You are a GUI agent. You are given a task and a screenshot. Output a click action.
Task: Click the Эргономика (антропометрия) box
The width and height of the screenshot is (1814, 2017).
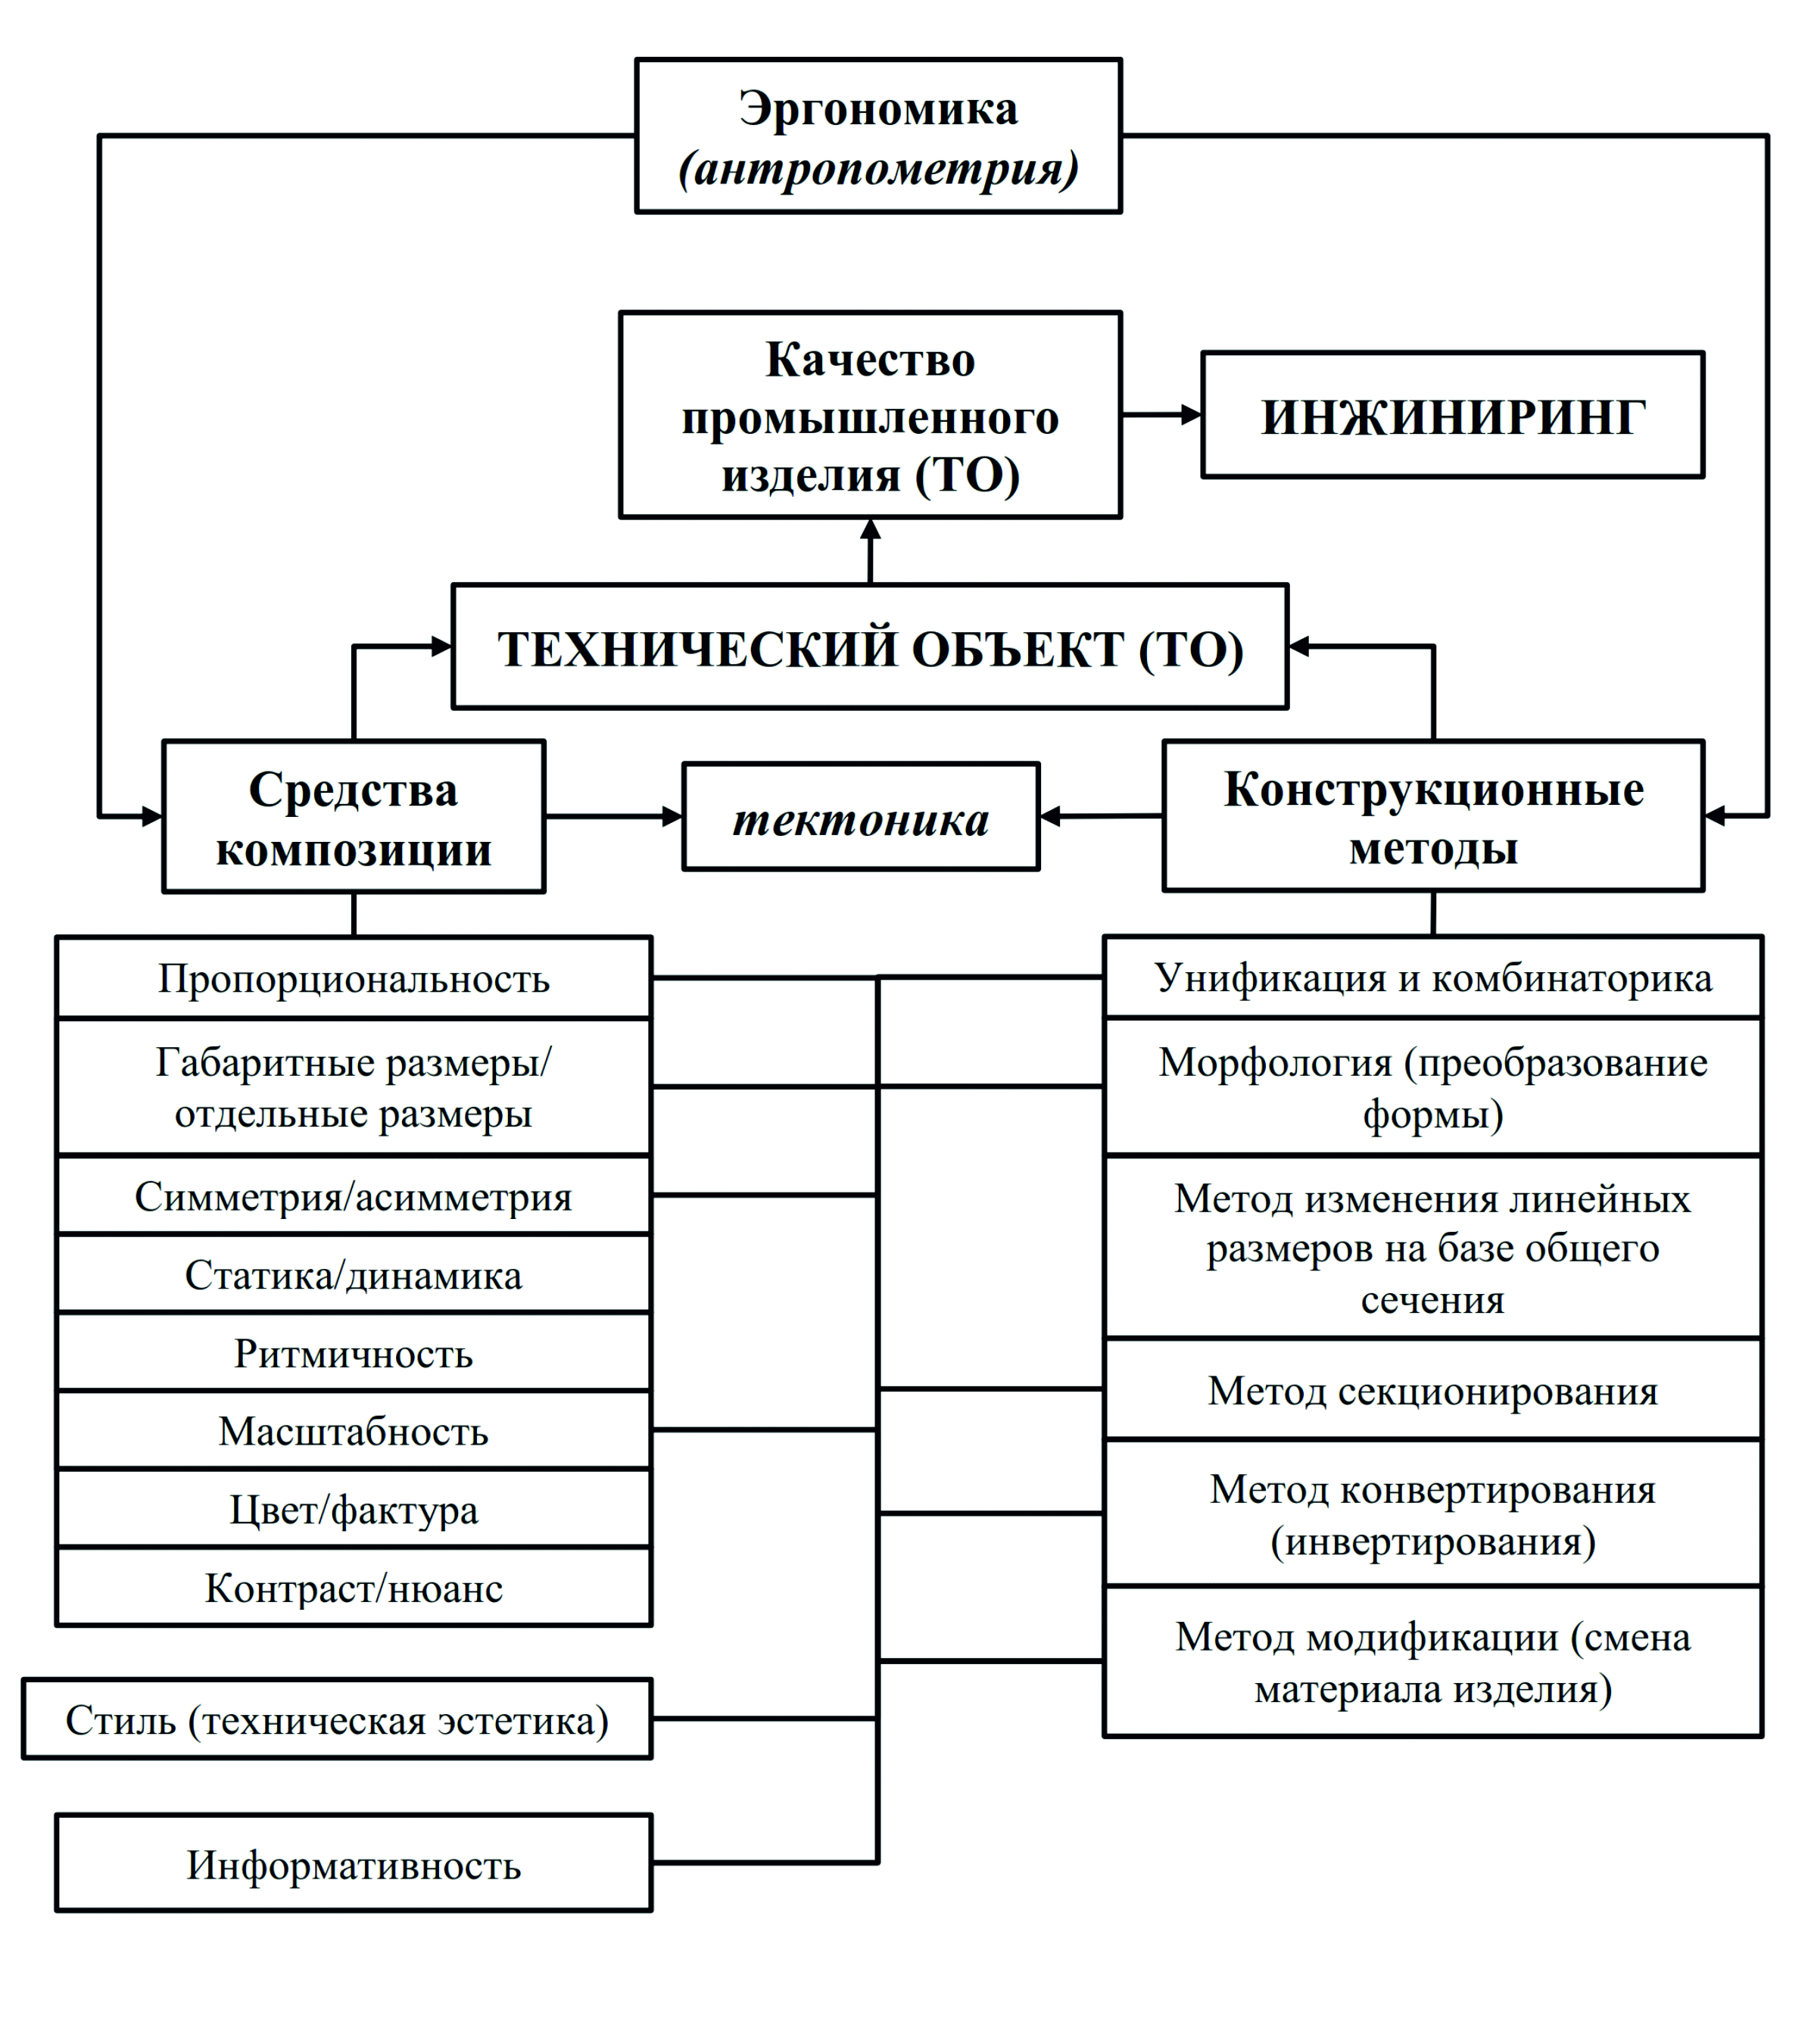pyautogui.click(x=878, y=136)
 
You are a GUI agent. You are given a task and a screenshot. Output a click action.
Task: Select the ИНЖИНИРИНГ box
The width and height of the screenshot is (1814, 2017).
pyautogui.click(x=1453, y=415)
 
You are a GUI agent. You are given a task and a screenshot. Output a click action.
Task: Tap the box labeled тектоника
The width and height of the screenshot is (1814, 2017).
pyautogui.click(x=861, y=817)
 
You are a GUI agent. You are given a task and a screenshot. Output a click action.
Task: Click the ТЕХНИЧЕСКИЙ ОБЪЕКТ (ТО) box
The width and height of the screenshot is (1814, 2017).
pyautogui.click(x=870, y=647)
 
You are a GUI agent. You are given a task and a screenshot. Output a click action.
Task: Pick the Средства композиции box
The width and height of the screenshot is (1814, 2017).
pyautogui.click(x=354, y=816)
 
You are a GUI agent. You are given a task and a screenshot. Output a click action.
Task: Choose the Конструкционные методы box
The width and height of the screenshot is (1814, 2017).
pyautogui.click(x=1433, y=815)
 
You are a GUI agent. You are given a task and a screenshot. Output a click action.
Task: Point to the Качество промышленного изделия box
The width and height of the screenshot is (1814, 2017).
pyautogui.click(x=870, y=415)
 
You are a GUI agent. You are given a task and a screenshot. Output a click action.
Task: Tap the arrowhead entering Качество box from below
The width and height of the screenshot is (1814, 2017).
pyautogui.click(x=870, y=529)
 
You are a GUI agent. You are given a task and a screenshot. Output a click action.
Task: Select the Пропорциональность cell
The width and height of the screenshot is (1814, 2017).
pyautogui.click(x=354, y=977)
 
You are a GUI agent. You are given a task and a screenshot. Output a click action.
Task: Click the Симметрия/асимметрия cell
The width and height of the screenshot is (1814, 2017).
pyautogui.click(x=354, y=1195)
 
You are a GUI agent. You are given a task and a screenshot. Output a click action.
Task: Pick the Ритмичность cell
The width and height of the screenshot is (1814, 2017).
pyautogui.click(x=354, y=1352)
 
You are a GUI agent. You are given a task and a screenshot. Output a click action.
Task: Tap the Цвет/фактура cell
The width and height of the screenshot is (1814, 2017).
pyautogui.click(x=354, y=1509)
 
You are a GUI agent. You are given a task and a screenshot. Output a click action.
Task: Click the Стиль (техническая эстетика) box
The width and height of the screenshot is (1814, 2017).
pyautogui.click(x=337, y=1719)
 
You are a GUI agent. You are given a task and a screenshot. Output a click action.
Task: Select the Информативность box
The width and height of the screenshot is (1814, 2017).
pyautogui.click(x=354, y=1863)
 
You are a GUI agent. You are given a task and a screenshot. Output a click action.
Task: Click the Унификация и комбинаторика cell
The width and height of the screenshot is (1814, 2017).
pyautogui.click(x=1433, y=977)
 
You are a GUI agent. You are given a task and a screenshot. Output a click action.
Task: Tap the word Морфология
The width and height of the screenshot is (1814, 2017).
pyautogui.click(x=1275, y=1062)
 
